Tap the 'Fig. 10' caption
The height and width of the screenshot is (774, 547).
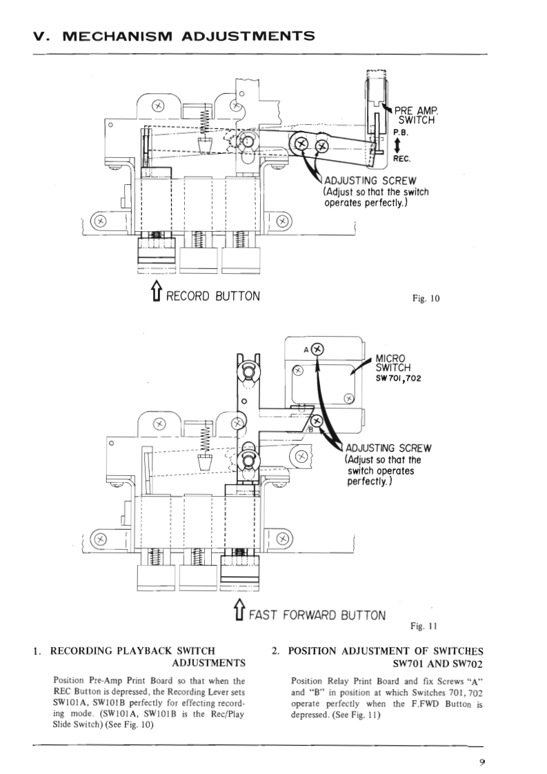(424, 299)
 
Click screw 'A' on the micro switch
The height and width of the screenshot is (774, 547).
(317, 348)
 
